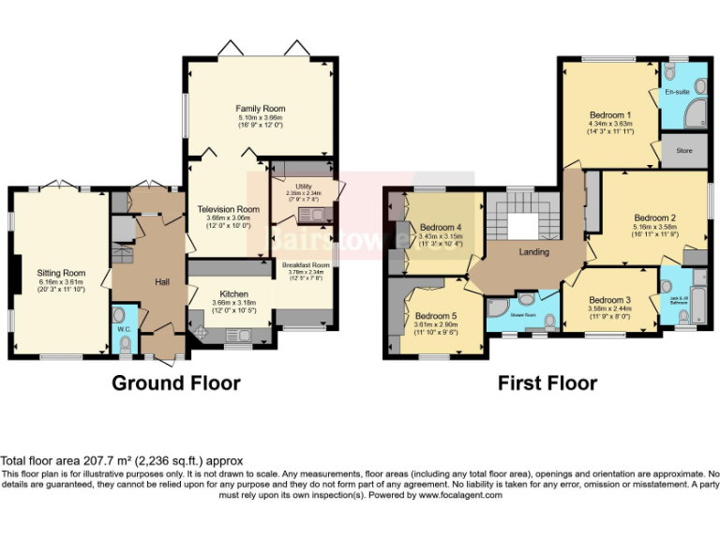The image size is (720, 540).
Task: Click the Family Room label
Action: click(x=260, y=109)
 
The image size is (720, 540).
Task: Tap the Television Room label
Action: click(x=228, y=209)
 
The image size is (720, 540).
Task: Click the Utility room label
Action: click(x=303, y=187)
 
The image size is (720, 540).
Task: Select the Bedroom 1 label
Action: click(x=609, y=114)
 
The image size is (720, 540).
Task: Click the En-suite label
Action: click(x=677, y=92)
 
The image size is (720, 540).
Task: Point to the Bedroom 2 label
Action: click(x=654, y=217)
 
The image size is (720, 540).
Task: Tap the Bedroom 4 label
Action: click(x=440, y=228)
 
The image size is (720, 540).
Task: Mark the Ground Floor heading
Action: click(x=175, y=382)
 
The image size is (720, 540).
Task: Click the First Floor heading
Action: click(x=547, y=382)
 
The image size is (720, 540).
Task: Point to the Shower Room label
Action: click(x=523, y=315)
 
